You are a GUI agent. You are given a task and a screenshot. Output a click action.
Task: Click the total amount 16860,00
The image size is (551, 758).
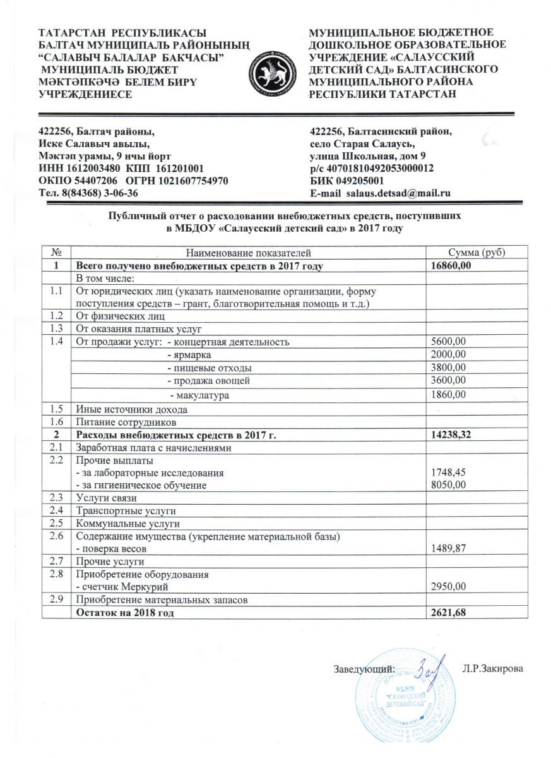451,266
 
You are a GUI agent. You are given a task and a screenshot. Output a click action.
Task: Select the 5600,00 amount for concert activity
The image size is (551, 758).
447,342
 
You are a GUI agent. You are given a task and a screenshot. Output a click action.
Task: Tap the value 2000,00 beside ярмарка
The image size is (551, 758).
447,354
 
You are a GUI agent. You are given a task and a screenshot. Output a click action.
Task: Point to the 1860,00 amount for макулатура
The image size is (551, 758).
447,395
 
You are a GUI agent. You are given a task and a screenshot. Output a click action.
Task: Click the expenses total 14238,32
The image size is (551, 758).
451,435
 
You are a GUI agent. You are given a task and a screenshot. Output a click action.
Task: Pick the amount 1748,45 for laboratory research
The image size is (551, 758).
447,472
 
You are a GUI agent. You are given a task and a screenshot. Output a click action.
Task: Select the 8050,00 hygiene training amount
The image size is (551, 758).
447,484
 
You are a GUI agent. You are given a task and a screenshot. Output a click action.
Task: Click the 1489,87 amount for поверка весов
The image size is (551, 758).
447,549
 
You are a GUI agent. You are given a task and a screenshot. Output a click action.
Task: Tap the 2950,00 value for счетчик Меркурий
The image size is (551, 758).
447,587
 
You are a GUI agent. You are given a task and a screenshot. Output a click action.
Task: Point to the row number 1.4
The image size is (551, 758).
56,342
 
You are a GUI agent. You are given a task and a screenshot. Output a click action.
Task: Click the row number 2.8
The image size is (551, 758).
56,574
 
